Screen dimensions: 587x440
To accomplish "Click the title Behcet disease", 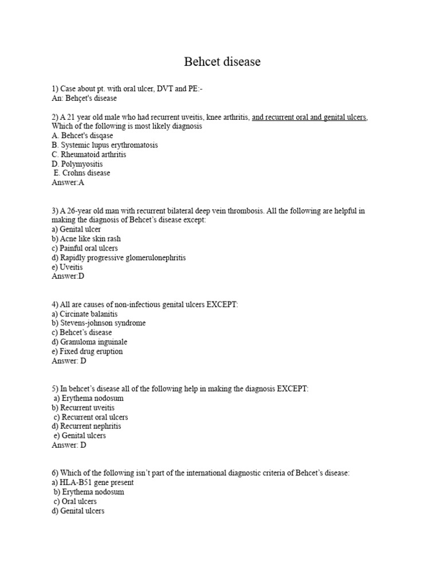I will click(x=222, y=62).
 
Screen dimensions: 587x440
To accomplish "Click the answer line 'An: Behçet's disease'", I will click(x=84, y=99).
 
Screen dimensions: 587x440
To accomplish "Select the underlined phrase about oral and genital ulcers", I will click(x=309, y=118).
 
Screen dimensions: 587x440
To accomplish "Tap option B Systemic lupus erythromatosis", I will click(x=105, y=145).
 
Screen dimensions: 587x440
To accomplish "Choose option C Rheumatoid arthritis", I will click(x=89, y=154).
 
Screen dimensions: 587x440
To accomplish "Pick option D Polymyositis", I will click(x=77, y=164).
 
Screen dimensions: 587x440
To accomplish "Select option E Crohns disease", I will click(x=82, y=173).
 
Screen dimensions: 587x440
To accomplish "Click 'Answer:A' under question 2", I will click(x=68, y=182).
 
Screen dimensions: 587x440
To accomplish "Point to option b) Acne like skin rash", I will click(x=86, y=238).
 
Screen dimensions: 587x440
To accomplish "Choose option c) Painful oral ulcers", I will click(x=85, y=248).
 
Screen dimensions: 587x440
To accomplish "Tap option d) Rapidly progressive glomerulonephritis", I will click(x=119, y=257).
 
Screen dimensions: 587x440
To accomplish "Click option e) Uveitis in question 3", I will click(x=67, y=267).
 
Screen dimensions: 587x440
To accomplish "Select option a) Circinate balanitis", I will click(x=85, y=314).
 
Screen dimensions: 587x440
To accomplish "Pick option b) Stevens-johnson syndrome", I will click(x=99, y=323).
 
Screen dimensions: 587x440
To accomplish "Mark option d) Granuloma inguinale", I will click(x=89, y=342).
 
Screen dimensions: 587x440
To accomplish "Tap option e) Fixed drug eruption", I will click(x=87, y=351).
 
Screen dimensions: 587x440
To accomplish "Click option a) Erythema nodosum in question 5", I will click(x=89, y=398).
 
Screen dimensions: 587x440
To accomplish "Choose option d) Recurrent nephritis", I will click(x=87, y=426).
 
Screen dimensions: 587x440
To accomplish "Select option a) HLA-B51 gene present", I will click(x=93, y=483).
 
